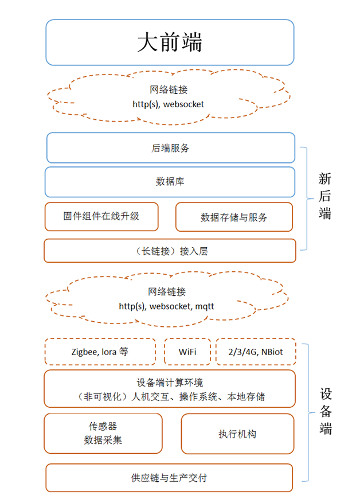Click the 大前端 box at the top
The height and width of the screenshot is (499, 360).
[x=170, y=42]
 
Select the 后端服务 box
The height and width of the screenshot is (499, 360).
[x=170, y=148]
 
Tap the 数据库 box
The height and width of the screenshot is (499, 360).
[x=170, y=182]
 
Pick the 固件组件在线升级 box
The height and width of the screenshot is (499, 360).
[x=101, y=216]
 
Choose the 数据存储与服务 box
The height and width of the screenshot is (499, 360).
[x=234, y=217]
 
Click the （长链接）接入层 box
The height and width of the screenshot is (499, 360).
[x=170, y=251]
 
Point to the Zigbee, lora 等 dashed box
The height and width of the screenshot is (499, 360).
[x=100, y=352]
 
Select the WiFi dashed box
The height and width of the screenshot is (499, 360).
[x=187, y=352]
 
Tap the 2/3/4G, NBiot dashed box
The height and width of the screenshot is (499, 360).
[x=255, y=352]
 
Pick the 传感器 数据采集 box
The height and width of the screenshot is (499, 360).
[x=103, y=434]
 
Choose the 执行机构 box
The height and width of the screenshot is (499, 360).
[x=237, y=434]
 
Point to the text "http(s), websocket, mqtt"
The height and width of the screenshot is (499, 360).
[x=166, y=306]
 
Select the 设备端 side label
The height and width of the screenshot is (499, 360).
[x=326, y=411]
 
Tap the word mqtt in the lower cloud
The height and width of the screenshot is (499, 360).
[x=204, y=306]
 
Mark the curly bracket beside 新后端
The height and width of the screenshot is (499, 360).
[x=304, y=198]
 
